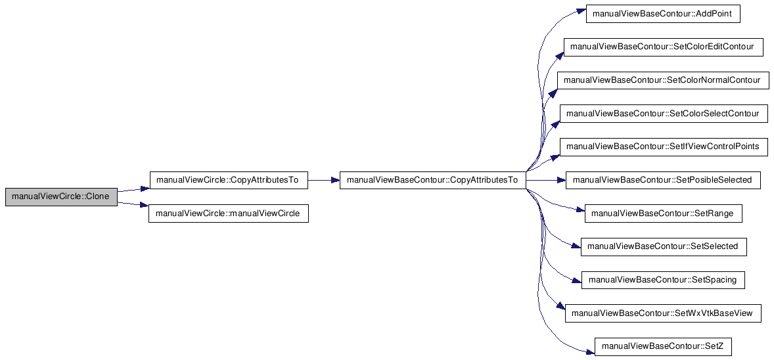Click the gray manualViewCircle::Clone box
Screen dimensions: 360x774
[61, 196]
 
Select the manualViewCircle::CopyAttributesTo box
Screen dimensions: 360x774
[228, 180]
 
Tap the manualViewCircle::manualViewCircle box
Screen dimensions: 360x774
[228, 214]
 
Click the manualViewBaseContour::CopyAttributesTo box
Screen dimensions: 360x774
[432, 180]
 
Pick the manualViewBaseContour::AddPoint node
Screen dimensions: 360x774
[664, 14]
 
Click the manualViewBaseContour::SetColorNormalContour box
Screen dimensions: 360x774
[662, 80]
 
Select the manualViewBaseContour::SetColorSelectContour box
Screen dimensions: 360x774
[662, 114]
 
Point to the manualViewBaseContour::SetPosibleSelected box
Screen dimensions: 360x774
[663, 180]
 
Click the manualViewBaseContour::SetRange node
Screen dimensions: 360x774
[663, 214]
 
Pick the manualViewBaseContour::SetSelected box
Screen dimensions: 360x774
[663, 246]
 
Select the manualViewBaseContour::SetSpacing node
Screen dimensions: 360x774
[663, 280]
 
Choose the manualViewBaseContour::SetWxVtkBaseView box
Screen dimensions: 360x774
[663, 313]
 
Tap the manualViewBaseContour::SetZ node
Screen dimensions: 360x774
[663, 346]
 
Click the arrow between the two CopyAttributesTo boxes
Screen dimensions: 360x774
[323, 180]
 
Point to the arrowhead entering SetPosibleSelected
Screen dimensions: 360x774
[560, 180]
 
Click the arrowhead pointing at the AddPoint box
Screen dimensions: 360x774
[581, 11]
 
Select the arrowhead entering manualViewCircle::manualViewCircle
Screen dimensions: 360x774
[144, 206]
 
